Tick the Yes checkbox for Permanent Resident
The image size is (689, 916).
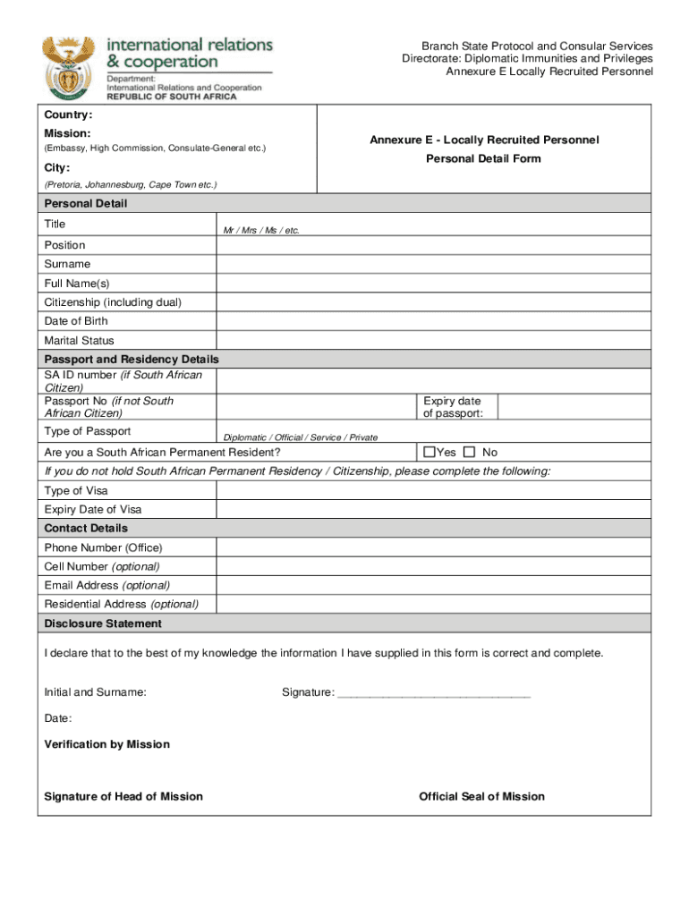429,453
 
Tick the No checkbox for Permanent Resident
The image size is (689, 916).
470,453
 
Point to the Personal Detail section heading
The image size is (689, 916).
86,204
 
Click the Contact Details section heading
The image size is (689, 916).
86,529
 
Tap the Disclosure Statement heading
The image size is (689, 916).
103,623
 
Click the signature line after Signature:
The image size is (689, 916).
434,693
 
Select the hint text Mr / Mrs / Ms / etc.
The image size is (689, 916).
261,231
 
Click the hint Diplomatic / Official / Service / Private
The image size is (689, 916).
300,437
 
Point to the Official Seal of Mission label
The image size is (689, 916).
481,797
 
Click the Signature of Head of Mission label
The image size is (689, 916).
123,797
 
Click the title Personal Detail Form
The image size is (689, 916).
483,159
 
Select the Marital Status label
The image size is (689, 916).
80,341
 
